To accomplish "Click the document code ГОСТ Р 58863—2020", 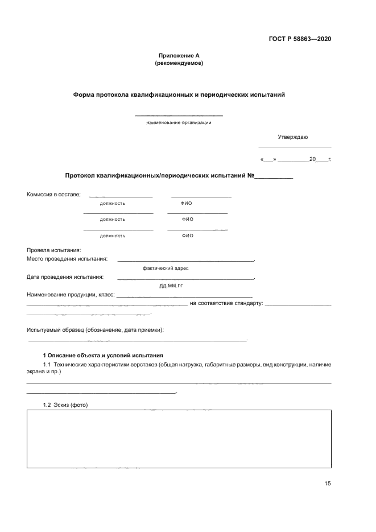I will (x=299, y=39).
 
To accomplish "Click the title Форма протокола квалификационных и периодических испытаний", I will (x=179, y=94).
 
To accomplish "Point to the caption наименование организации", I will (x=179, y=122).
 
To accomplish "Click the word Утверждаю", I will (x=293, y=137).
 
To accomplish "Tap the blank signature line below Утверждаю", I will (x=294, y=147).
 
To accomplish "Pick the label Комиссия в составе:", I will (x=53, y=195).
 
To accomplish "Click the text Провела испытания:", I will (x=54, y=250).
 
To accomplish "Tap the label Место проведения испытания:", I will (x=67, y=259).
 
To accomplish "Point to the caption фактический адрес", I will (x=166, y=267).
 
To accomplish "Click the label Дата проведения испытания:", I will (x=65, y=277).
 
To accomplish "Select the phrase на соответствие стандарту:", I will (x=226, y=304).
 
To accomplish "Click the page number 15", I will (x=328, y=484).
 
